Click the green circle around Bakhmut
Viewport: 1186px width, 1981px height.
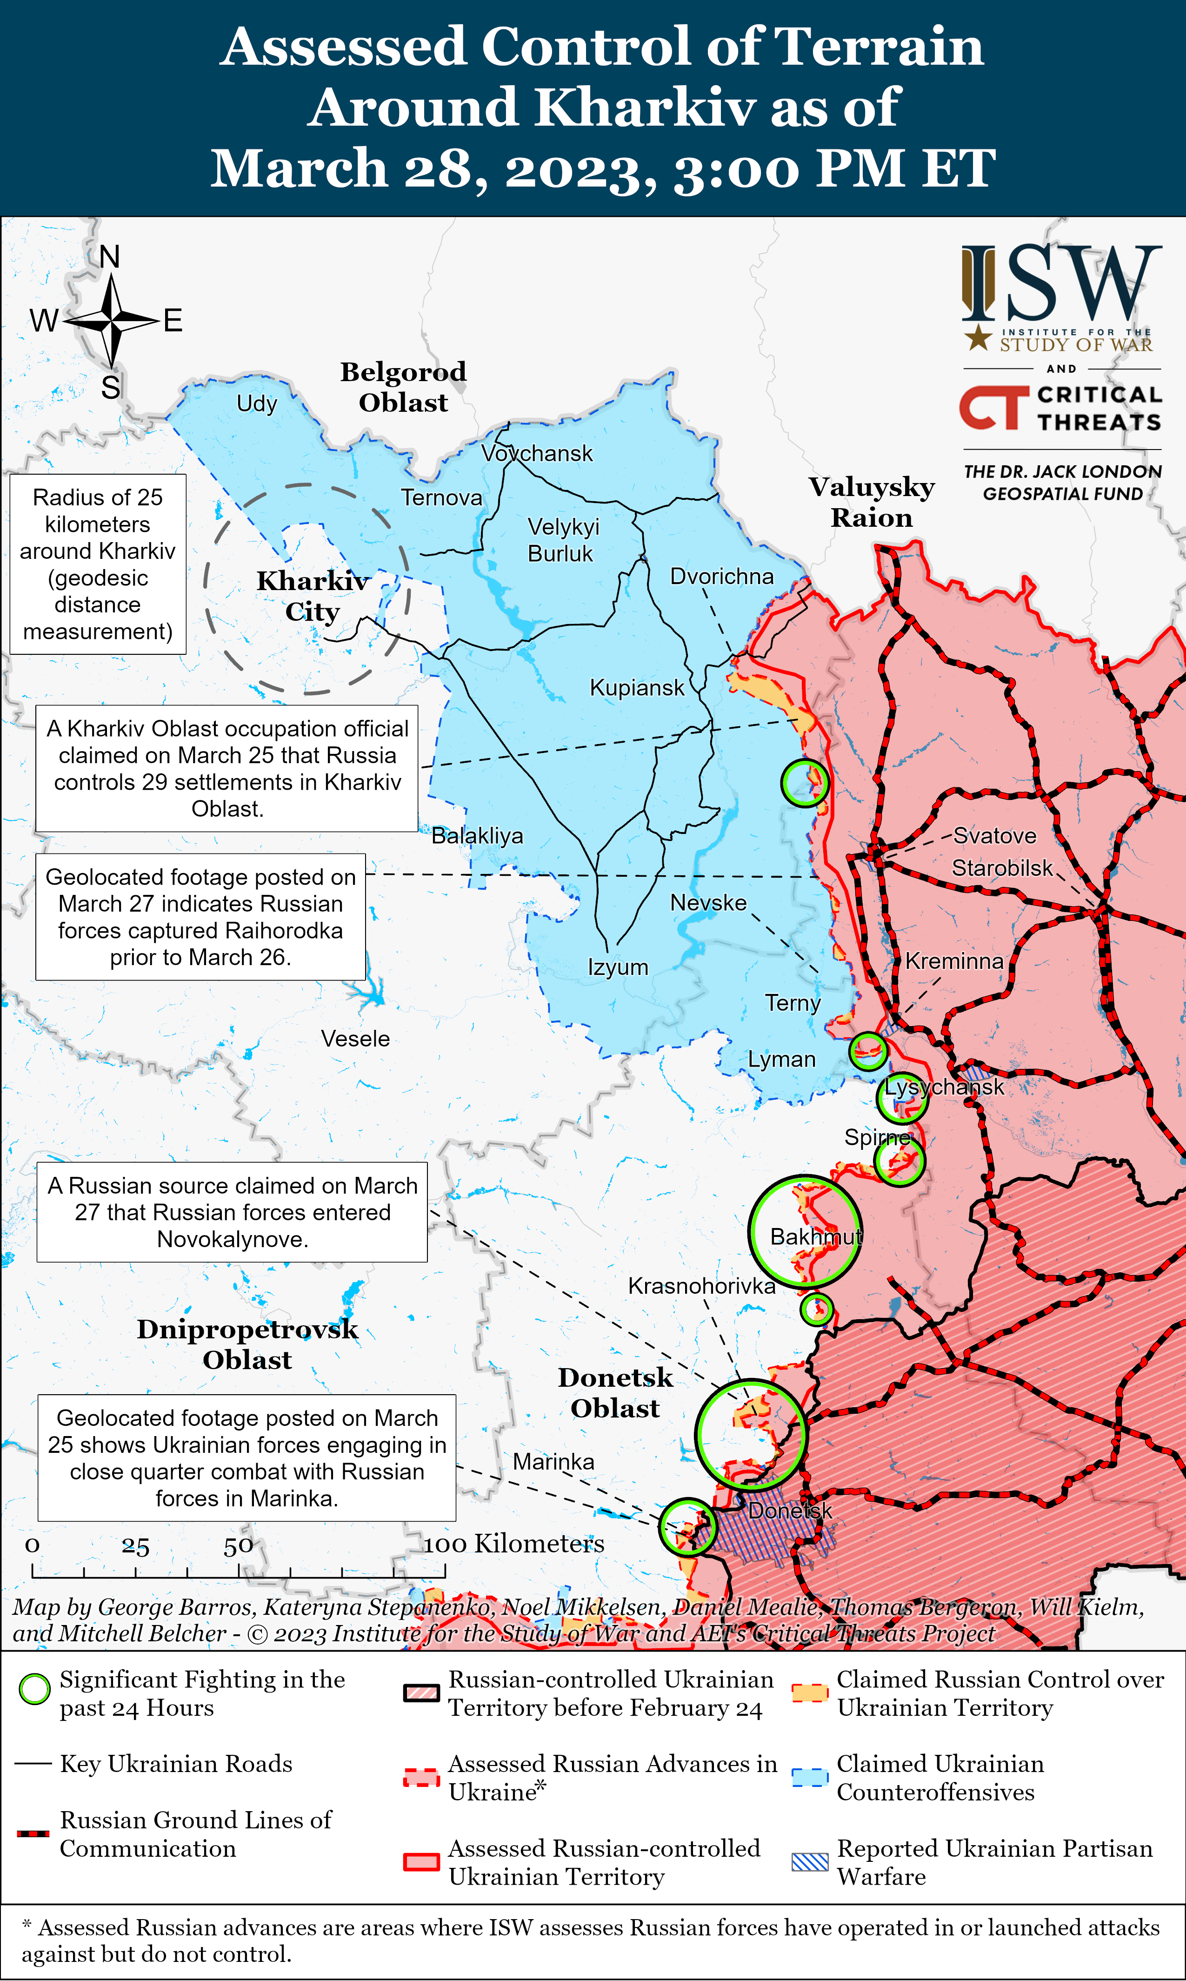(805, 1231)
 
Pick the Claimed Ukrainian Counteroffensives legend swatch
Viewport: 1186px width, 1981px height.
(810, 1777)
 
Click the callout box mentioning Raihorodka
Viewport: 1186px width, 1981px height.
(200, 916)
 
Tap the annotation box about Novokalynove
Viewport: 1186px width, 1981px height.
(232, 1212)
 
